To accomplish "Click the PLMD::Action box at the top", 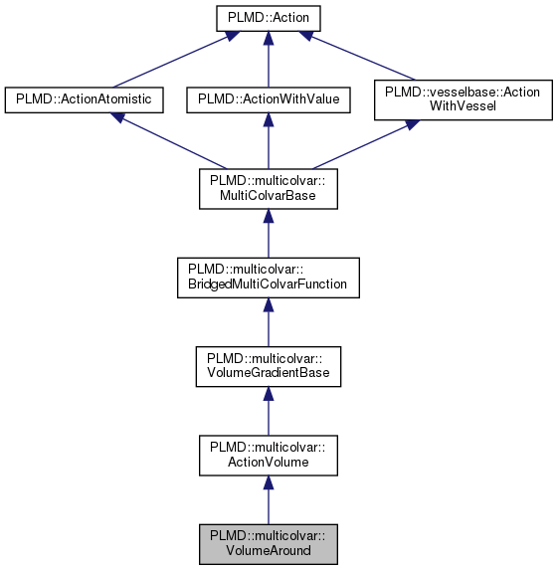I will point(268,18).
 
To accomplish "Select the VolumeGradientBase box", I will point(268,367).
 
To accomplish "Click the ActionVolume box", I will point(268,457).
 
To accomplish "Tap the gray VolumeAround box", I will point(268,543).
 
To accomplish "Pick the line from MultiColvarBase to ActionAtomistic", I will point(169,143).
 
